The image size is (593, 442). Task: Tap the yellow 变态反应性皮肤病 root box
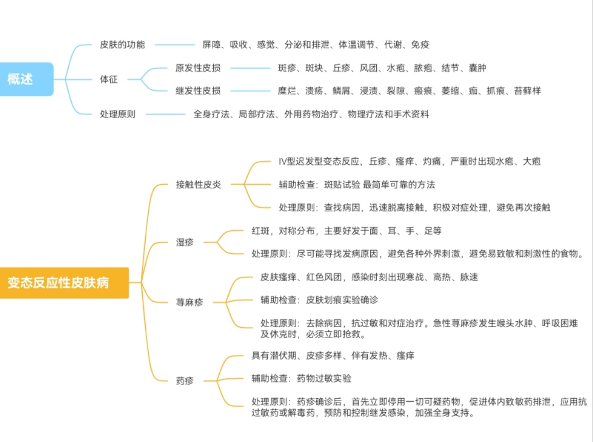pyautogui.click(x=64, y=283)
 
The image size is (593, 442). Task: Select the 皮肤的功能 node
pyautogui.click(x=122, y=45)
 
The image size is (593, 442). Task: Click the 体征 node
pyautogui.click(x=109, y=79)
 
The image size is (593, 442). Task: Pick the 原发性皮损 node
pyautogui.click(x=198, y=68)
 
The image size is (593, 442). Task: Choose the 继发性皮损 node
pyautogui.click(x=198, y=91)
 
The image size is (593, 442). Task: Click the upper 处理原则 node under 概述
pyautogui.click(x=117, y=114)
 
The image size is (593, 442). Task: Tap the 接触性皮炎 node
pyautogui.click(x=198, y=185)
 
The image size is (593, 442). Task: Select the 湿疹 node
pyautogui.click(x=185, y=242)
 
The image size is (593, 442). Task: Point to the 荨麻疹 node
pyautogui.click(x=189, y=301)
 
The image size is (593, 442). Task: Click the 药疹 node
pyautogui.click(x=185, y=381)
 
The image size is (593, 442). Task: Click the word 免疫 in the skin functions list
pyautogui.click(x=420, y=45)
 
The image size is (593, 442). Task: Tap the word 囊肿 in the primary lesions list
pyautogui.click(x=477, y=68)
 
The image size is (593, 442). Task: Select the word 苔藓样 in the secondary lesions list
pyautogui.click(x=527, y=91)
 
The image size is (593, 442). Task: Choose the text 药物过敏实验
pyautogui.click(x=324, y=378)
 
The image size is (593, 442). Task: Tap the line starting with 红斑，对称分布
pyautogui.click(x=346, y=231)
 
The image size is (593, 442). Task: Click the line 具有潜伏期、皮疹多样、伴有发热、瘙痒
pyautogui.click(x=333, y=356)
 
